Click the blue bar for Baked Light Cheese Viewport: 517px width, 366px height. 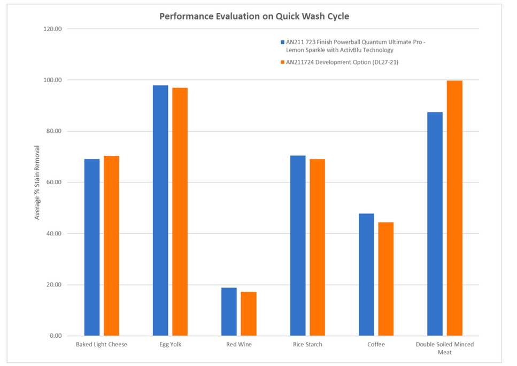[x=92, y=247]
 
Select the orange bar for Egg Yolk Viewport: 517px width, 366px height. [x=180, y=211]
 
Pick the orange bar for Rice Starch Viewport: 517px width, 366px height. [x=317, y=247]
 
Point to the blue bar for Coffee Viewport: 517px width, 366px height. [x=366, y=274]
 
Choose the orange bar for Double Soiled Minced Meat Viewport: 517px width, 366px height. [x=454, y=208]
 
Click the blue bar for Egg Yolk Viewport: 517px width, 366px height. [x=160, y=210]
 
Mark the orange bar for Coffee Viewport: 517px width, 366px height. [x=386, y=279]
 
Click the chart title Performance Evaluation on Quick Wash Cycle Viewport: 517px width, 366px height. [x=254, y=16]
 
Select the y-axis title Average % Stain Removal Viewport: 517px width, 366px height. [x=37, y=182]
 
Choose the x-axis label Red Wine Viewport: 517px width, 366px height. [x=238, y=345]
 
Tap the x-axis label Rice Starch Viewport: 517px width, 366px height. [x=307, y=345]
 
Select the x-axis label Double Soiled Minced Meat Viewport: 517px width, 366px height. [x=445, y=348]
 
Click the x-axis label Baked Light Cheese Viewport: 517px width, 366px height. [x=102, y=345]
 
